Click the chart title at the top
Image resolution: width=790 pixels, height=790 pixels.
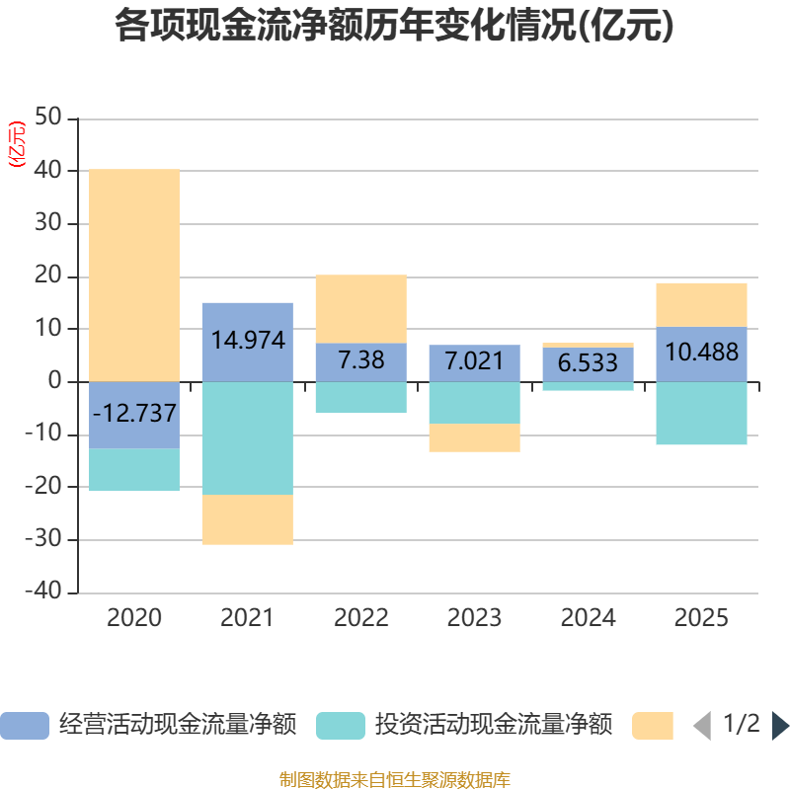(394, 26)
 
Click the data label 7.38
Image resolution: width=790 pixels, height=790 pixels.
(360, 360)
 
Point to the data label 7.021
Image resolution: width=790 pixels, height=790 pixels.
(474, 360)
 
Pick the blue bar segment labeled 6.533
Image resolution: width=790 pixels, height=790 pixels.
(588, 363)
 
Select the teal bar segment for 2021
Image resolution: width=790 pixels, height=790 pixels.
(247, 437)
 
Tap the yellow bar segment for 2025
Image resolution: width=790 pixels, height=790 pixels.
(701, 304)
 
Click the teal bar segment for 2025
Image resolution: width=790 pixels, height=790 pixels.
(701, 413)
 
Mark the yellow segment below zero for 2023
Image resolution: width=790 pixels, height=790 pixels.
(474, 437)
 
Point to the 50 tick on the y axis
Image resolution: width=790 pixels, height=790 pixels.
(49, 118)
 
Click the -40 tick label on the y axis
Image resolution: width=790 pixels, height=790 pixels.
(45, 592)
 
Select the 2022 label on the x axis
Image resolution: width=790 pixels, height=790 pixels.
(360, 618)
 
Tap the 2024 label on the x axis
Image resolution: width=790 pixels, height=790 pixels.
(588, 618)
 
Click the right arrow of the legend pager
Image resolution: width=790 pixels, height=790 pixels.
(780, 725)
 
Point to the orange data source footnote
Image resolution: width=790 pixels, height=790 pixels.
(394, 779)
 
